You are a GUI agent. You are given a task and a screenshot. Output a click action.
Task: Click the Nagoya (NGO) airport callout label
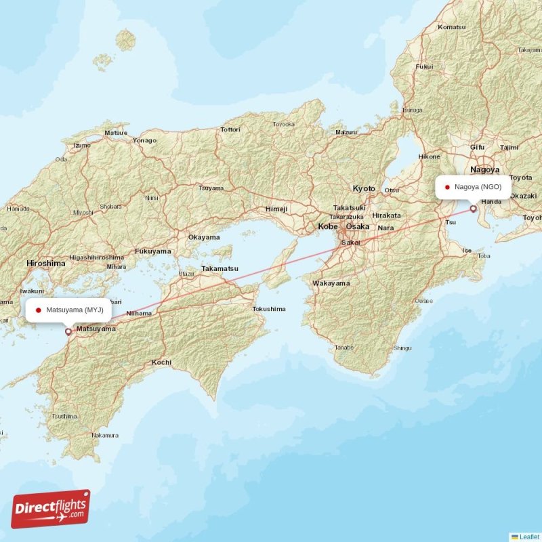click(x=474, y=186)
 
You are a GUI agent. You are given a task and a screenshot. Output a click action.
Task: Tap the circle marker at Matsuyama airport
click(x=68, y=332)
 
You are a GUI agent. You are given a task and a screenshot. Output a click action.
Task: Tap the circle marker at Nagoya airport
click(x=473, y=209)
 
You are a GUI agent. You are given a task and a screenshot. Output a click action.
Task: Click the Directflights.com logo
click(x=51, y=509)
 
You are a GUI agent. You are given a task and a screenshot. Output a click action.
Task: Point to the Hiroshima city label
click(x=46, y=262)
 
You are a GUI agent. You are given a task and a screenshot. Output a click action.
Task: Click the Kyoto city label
click(x=364, y=188)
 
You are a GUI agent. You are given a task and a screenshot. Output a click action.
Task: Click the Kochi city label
click(x=161, y=362)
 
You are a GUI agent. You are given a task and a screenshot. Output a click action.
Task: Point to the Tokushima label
click(x=269, y=309)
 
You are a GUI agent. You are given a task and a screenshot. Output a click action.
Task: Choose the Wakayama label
click(x=331, y=283)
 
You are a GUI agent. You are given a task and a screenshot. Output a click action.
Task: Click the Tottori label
click(x=230, y=129)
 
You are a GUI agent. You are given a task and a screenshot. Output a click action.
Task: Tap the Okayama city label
click(x=204, y=237)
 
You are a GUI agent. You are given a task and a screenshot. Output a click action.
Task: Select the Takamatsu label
click(x=220, y=268)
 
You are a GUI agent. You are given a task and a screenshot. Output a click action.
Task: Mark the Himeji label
click(x=276, y=209)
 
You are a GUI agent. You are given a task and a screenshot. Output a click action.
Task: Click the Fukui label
click(x=424, y=66)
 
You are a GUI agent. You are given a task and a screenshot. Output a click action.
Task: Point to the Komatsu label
click(x=452, y=26)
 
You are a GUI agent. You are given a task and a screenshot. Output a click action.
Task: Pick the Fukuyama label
click(x=152, y=251)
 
